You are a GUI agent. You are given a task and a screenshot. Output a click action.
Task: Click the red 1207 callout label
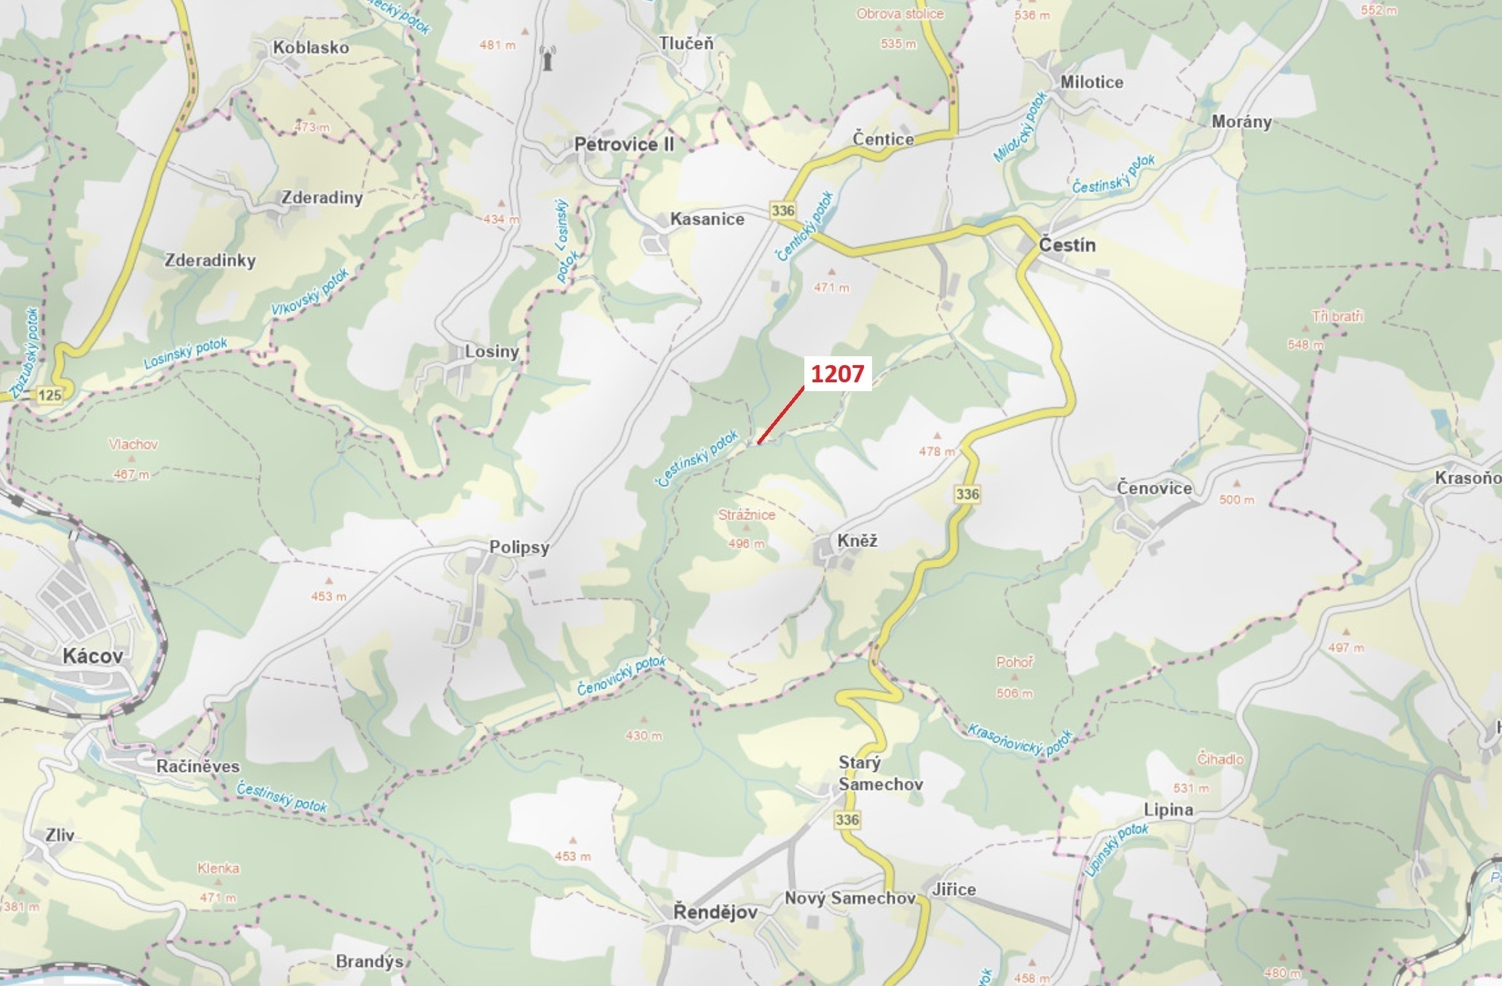coord(837,373)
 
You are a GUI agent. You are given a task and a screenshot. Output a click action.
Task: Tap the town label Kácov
coord(93,656)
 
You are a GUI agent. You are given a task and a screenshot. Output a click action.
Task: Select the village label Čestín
coord(1067,245)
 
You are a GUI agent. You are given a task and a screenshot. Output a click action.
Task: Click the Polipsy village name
coord(519,548)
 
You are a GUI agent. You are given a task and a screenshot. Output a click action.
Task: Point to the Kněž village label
coord(857,541)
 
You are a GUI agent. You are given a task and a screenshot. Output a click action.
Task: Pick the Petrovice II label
coord(624,144)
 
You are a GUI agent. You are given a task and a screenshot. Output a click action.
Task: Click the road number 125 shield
coord(49,395)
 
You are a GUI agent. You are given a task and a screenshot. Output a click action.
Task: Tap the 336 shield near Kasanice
coord(782,210)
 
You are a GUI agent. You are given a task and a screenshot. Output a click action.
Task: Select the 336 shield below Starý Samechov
coord(847,819)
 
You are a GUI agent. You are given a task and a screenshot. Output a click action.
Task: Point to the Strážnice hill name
coord(746,515)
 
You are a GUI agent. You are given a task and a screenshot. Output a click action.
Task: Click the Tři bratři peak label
coord(1337,317)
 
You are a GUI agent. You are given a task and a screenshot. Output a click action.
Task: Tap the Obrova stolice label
coord(899,14)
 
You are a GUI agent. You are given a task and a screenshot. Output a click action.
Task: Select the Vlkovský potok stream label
coord(310,292)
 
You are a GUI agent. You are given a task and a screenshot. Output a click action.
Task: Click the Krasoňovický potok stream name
coord(1019,741)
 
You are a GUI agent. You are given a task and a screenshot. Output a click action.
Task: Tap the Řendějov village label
coord(715,911)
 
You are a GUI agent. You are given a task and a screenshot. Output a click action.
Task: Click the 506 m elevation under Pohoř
coord(1014,693)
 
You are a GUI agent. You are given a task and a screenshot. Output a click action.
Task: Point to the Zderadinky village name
coord(210,261)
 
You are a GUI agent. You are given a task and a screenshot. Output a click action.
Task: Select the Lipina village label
coord(1168,810)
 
